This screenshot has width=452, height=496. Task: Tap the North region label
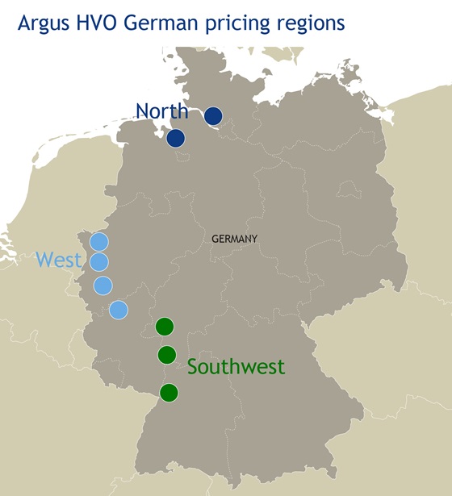tap(161, 110)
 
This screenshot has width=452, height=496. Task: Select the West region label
tap(59, 260)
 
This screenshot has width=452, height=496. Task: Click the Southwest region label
tap(236, 367)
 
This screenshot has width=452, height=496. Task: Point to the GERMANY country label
tap(234, 239)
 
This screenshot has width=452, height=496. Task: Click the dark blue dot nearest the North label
tap(176, 139)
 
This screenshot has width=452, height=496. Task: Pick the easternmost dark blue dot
tap(213, 116)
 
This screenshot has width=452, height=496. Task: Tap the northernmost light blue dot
tap(98, 241)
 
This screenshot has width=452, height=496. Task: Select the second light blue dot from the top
tap(98, 261)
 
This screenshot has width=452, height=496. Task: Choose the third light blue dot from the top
tap(103, 286)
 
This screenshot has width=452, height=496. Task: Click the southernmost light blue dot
tap(118, 310)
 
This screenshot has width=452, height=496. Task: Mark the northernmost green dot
tap(165, 327)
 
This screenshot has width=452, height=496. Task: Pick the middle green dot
tap(167, 354)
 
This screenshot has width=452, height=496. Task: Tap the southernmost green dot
tap(169, 393)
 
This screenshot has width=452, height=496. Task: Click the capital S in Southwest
tap(193, 367)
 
